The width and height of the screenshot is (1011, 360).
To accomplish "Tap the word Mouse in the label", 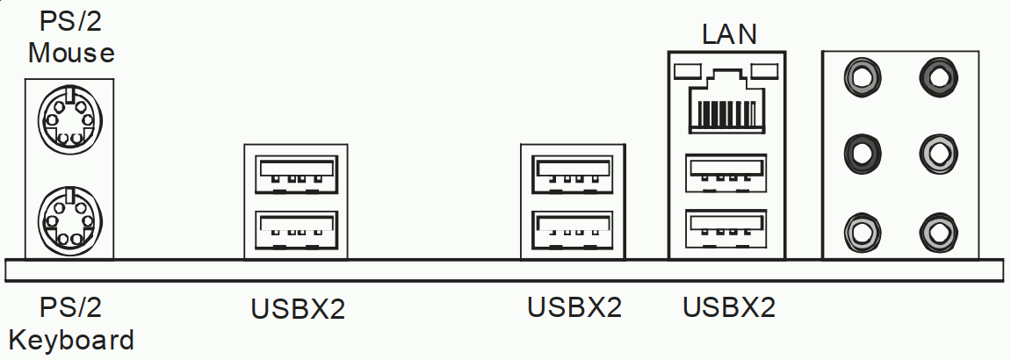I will point(71,53).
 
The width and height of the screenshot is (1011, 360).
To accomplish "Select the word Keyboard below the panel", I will point(71,339).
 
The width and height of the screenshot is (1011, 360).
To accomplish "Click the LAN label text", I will point(730,34).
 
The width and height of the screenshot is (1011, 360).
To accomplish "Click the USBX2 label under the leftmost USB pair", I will point(298,309).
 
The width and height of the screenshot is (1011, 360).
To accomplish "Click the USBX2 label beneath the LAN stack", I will point(730,307).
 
